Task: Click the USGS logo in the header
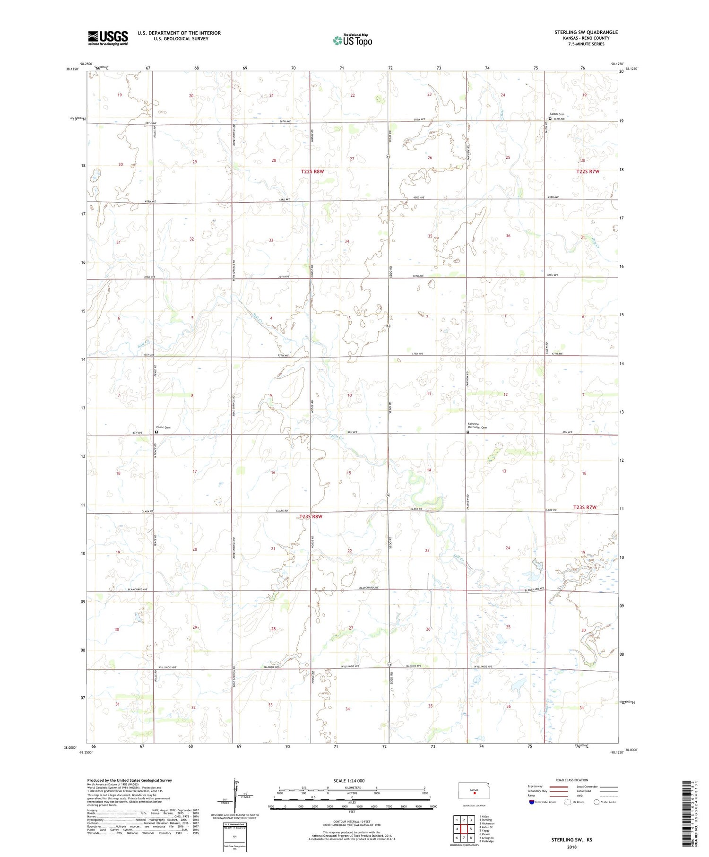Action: tap(108, 38)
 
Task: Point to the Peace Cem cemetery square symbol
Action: tap(157, 432)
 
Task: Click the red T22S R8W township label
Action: tap(312, 172)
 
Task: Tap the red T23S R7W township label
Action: tap(585, 507)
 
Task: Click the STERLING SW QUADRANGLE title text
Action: tap(586, 32)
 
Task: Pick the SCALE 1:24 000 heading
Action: tap(352, 780)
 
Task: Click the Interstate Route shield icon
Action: tap(531, 802)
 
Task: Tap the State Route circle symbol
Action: tap(597, 802)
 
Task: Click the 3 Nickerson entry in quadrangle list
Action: tap(486, 823)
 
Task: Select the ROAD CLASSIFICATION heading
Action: tap(572, 780)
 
